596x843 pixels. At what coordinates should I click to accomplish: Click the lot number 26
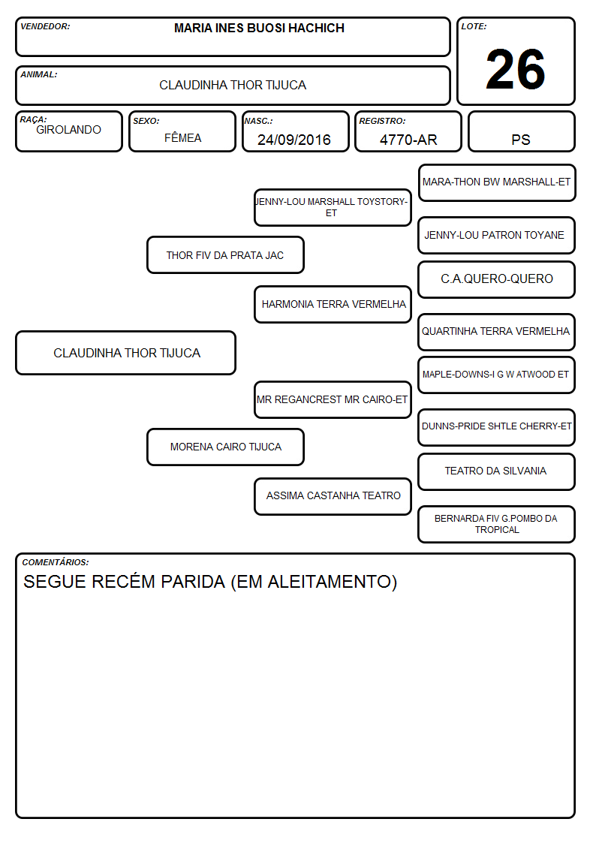pyautogui.click(x=515, y=69)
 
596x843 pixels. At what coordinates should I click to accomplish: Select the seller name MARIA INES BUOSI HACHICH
pyautogui.click(x=259, y=28)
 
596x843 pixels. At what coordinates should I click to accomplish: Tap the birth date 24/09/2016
pyautogui.click(x=294, y=140)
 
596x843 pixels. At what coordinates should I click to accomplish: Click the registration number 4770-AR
pyautogui.click(x=408, y=140)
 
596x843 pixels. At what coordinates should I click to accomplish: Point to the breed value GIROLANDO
pyautogui.click(x=68, y=130)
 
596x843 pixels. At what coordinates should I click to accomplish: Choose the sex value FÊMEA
pyautogui.click(x=182, y=137)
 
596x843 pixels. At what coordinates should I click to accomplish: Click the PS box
pyautogui.click(x=521, y=131)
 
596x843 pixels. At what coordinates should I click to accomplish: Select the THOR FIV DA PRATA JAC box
pyautogui.click(x=225, y=254)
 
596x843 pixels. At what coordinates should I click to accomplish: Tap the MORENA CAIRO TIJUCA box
pyautogui.click(x=225, y=447)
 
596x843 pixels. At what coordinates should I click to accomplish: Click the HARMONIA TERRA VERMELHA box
pyautogui.click(x=333, y=304)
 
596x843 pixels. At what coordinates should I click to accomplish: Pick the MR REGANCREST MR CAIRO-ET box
pyautogui.click(x=333, y=399)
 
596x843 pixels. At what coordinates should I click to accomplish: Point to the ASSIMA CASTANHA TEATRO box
pyautogui.click(x=333, y=496)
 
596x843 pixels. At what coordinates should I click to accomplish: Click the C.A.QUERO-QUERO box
pyautogui.click(x=497, y=279)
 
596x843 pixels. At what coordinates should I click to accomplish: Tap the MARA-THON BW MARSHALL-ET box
pyautogui.click(x=497, y=183)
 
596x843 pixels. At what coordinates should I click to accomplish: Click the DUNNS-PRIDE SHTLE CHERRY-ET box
pyautogui.click(x=497, y=427)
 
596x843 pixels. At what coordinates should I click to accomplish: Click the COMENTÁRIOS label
pyautogui.click(x=56, y=562)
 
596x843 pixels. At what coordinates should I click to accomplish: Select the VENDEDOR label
pyautogui.click(x=45, y=26)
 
